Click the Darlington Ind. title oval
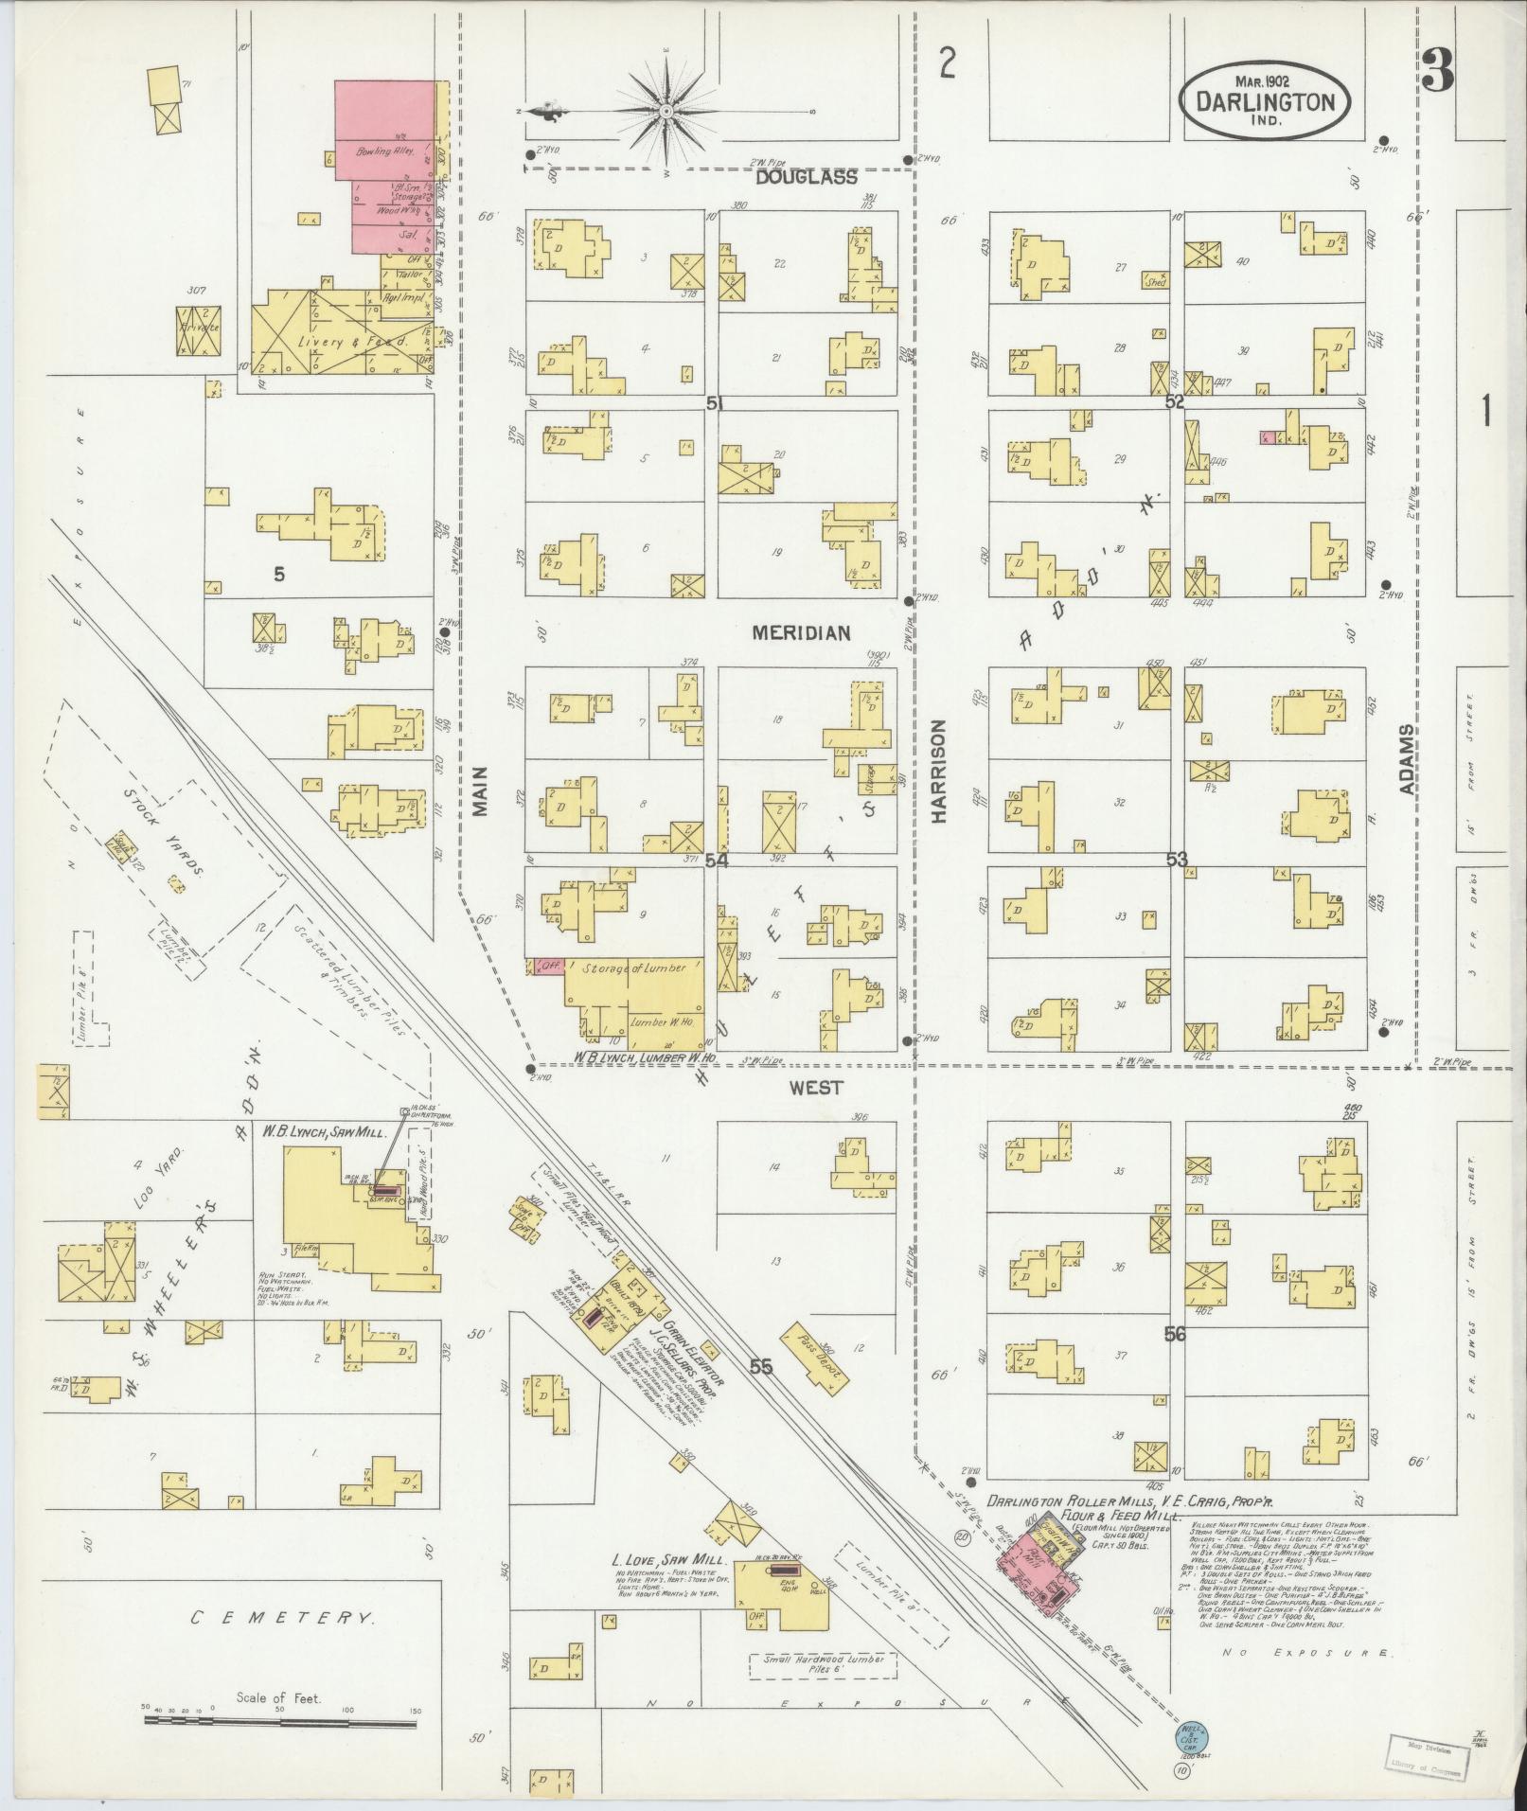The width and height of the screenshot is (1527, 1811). pos(1265,102)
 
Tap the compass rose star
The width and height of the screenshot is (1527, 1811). pos(666,112)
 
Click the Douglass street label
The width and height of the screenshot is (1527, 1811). pos(806,177)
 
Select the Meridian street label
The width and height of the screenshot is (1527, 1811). pos(801,633)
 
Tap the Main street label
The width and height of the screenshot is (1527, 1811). pos(479,790)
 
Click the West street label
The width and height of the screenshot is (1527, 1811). pos(816,1089)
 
